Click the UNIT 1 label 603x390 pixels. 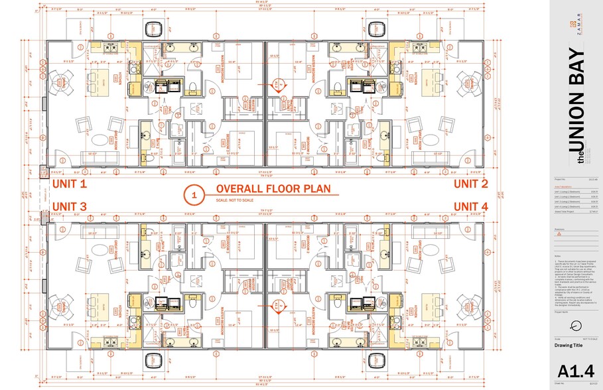tap(69, 184)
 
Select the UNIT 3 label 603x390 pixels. tap(69, 207)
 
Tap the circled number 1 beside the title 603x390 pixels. tap(194, 195)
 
